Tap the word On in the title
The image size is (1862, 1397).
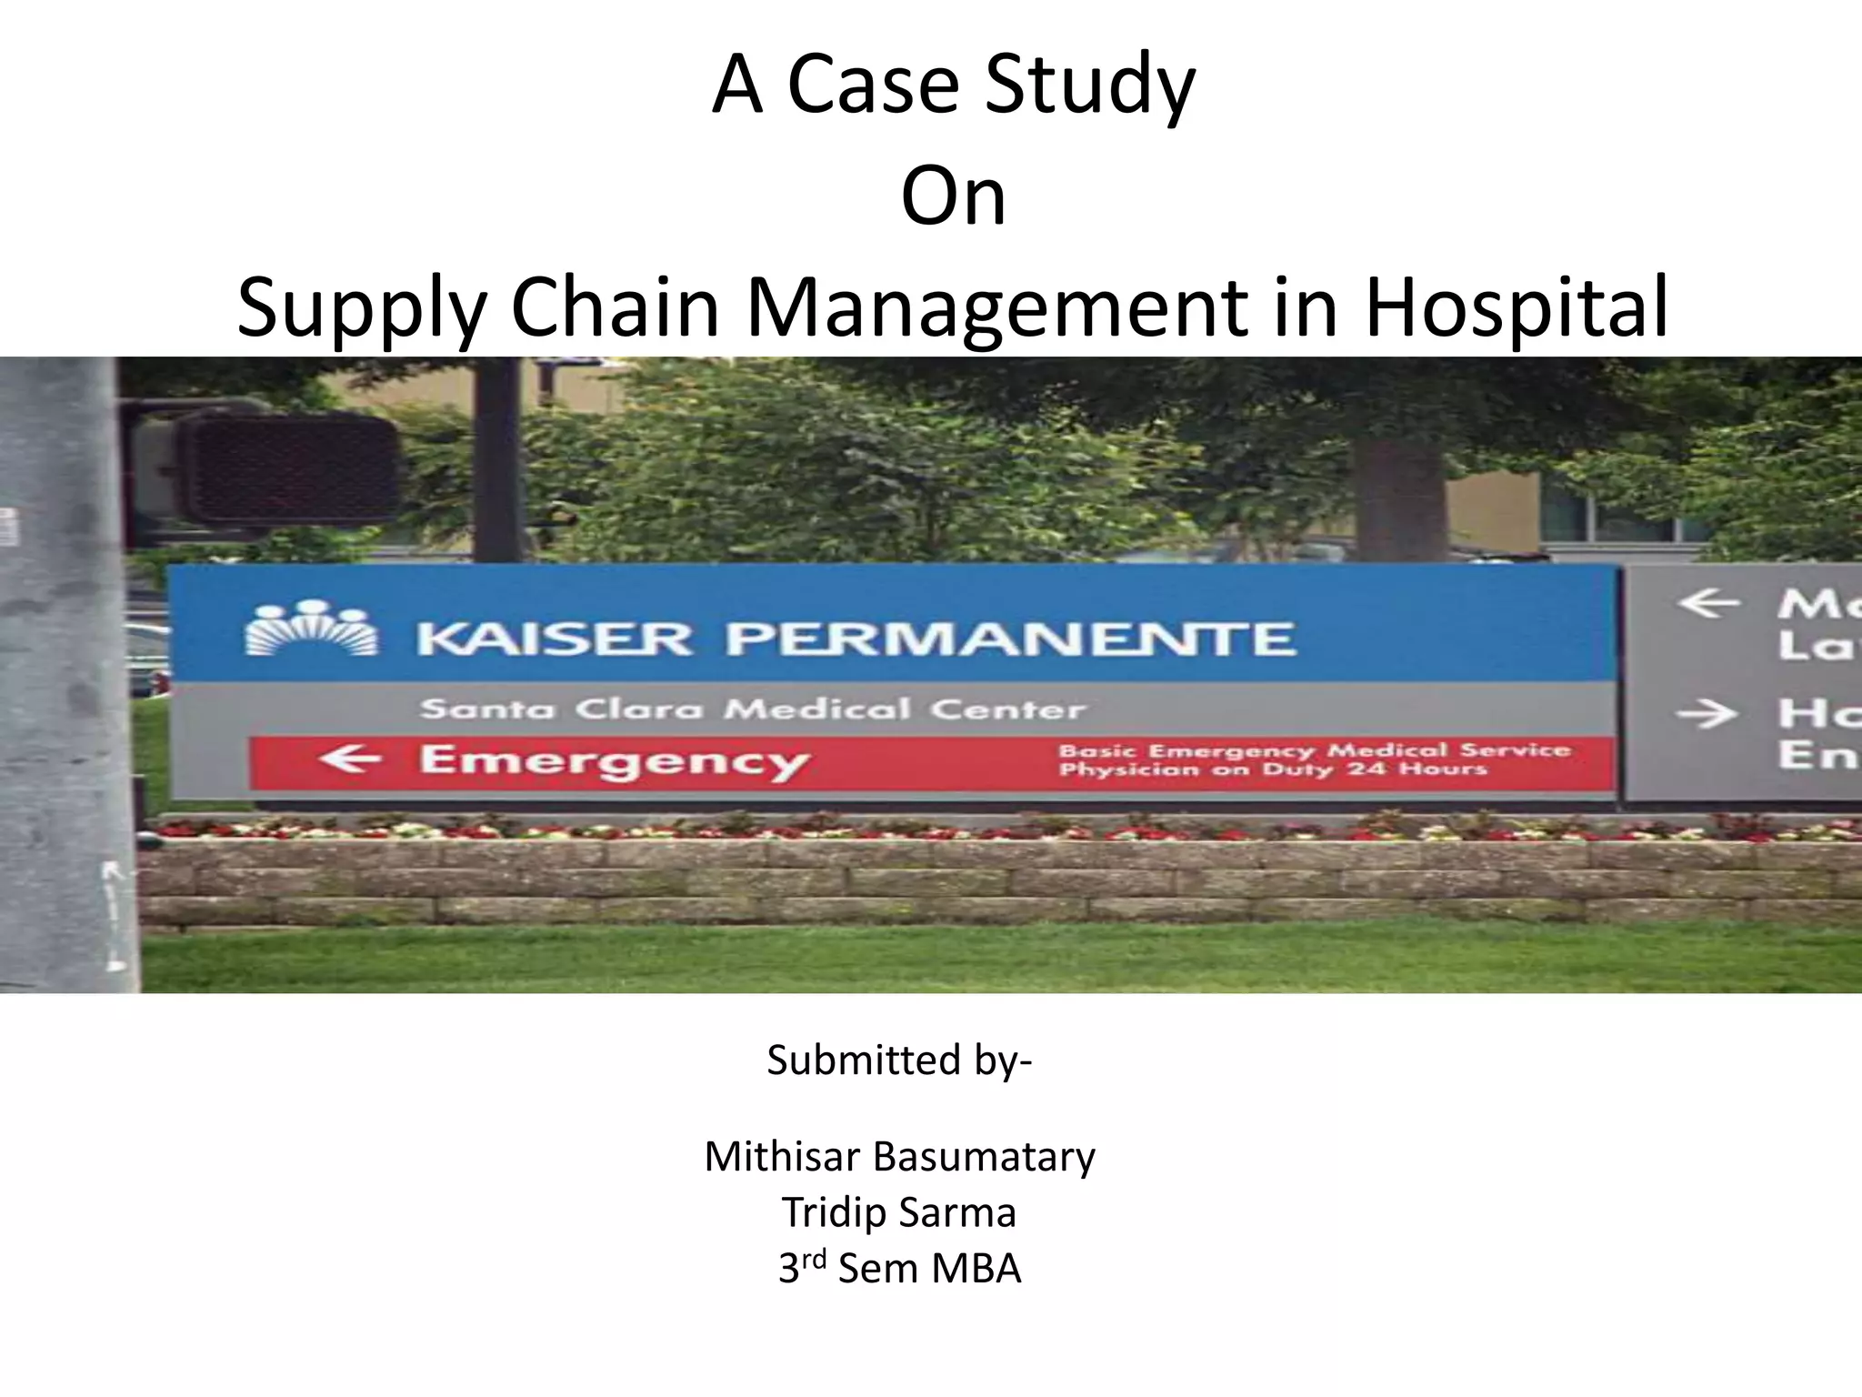tap(954, 197)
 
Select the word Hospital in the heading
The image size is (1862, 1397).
tap(1517, 307)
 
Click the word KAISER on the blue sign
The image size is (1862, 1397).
tap(554, 639)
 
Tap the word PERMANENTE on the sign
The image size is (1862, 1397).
tap(1009, 639)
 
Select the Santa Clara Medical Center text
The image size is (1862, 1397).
tap(753, 709)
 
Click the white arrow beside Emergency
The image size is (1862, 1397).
tap(350, 758)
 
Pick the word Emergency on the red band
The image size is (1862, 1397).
tap(614, 761)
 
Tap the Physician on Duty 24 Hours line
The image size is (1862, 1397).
tap(1273, 770)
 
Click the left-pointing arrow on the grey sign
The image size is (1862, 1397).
tap(1708, 603)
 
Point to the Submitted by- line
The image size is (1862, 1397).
tap(899, 1060)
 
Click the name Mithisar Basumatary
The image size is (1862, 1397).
tap(899, 1157)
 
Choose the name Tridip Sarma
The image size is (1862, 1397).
tap(899, 1212)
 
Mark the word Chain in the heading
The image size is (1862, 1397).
tap(616, 307)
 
